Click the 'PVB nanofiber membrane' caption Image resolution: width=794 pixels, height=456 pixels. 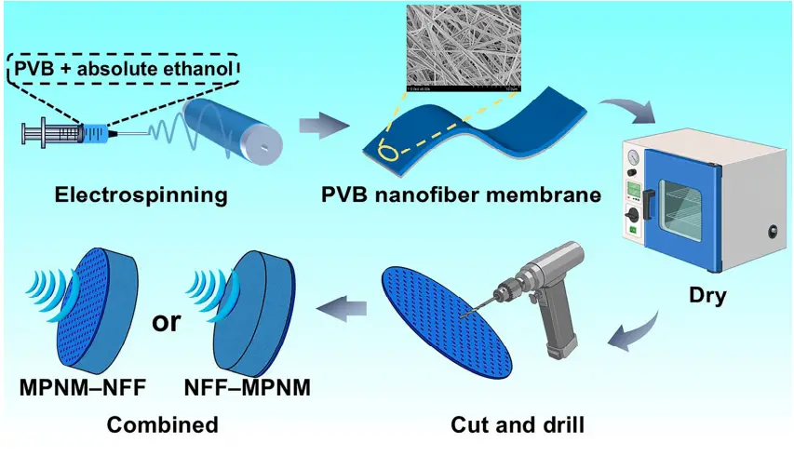[x=460, y=196]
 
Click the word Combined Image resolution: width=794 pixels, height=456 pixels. [x=162, y=425]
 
